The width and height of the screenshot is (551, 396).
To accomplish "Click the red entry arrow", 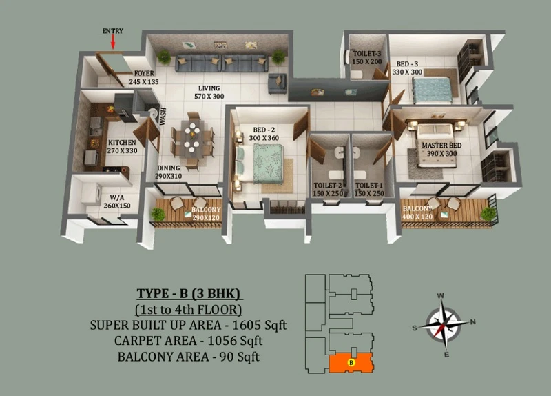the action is pos(113,42).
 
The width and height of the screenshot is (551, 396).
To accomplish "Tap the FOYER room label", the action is pos(144,73).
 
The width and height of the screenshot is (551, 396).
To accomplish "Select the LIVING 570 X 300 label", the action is pos(209,92).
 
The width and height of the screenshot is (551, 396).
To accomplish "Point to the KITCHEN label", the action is pos(122,143).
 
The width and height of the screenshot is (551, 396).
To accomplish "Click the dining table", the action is pos(192,138).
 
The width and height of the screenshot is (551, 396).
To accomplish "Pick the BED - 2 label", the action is pos(264,130).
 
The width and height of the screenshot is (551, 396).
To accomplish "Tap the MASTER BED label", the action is pos(441,146).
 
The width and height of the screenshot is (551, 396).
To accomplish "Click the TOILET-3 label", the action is pos(367,54).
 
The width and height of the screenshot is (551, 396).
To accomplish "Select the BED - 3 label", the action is pos(407,64).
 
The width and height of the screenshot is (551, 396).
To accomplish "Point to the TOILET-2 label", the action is pos(328,185).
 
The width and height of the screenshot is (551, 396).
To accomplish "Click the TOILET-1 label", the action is pos(369,185).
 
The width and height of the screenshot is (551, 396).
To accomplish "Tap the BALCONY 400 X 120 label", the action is pos(417,212).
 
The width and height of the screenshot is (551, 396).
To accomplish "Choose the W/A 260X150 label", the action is pos(116,201).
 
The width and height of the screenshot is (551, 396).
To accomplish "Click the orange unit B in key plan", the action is pos(351,363).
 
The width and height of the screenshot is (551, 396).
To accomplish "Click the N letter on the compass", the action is pos(473,321).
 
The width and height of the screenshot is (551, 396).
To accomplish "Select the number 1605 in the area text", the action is pos(246,325).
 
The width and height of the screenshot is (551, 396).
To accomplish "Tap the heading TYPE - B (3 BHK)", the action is pos(189,293).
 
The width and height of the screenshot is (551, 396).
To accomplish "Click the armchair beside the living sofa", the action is pos(278,83).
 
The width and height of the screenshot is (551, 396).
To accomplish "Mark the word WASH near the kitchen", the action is pos(163,116).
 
